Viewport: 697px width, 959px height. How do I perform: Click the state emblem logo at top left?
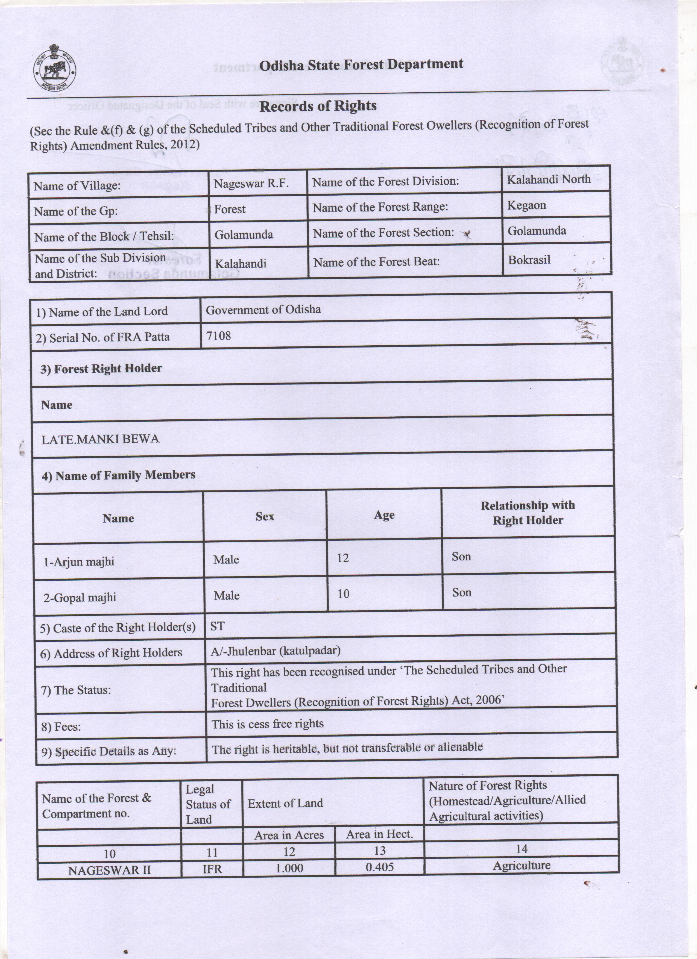coord(55,69)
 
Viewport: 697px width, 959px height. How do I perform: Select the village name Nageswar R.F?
coord(251,184)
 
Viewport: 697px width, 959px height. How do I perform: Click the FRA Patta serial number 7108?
coord(219,336)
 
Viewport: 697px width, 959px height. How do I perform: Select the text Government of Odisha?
coord(263,310)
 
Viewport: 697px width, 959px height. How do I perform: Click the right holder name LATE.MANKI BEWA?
coord(100,439)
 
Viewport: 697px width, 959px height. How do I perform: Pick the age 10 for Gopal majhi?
coord(343,594)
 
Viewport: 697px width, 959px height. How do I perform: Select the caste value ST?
coord(217,626)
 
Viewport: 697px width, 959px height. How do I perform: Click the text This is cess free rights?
coord(267,724)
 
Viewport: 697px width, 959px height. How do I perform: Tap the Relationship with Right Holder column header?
coord(528,513)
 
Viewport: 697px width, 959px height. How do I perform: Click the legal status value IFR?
coord(212,869)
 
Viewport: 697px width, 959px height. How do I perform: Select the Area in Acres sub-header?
coord(289,835)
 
